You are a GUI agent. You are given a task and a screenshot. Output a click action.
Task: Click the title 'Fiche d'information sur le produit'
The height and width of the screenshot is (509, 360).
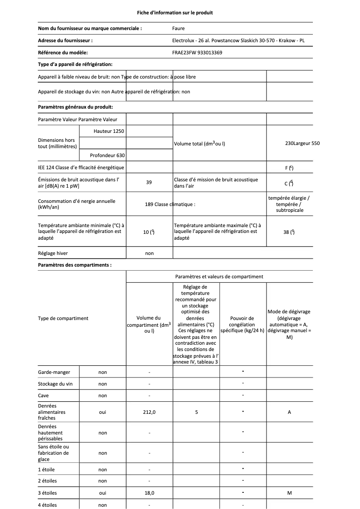point(175,13)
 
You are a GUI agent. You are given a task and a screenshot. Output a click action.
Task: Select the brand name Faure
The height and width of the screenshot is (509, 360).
point(178,28)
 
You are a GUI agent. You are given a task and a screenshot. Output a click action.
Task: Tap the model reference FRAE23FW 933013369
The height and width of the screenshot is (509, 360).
point(197,53)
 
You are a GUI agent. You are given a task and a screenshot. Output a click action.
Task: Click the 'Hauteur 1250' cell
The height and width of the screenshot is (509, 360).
point(109,131)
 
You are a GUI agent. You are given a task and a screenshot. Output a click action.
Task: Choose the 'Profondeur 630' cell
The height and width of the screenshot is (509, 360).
point(107,155)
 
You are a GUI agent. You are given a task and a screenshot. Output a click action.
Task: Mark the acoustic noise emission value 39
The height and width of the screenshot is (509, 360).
point(149,182)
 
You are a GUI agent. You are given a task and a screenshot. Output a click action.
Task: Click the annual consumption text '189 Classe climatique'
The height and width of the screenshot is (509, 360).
point(170,204)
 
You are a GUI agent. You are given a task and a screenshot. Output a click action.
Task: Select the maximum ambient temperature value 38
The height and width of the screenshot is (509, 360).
point(289,232)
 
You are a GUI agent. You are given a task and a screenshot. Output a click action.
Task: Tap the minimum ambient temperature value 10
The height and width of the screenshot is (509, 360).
point(149,232)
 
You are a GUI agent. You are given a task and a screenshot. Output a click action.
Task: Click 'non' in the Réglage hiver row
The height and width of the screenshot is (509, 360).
point(149,253)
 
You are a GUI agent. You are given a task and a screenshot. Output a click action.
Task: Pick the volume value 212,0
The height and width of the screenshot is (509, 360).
point(149,412)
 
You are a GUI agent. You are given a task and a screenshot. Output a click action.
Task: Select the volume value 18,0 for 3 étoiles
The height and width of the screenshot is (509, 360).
point(149,493)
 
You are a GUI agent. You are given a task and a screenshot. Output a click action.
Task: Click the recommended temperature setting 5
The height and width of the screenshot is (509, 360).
point(197,412)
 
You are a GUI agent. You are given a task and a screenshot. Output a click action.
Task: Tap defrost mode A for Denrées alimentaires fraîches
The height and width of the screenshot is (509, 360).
point(289,412)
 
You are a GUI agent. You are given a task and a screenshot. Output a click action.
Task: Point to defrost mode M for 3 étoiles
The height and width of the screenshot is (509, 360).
point(289,493)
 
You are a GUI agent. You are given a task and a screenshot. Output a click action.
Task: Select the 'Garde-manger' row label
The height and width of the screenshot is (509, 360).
point(50,372)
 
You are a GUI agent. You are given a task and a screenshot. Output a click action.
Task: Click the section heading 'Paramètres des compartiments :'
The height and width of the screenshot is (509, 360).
point(75,265)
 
